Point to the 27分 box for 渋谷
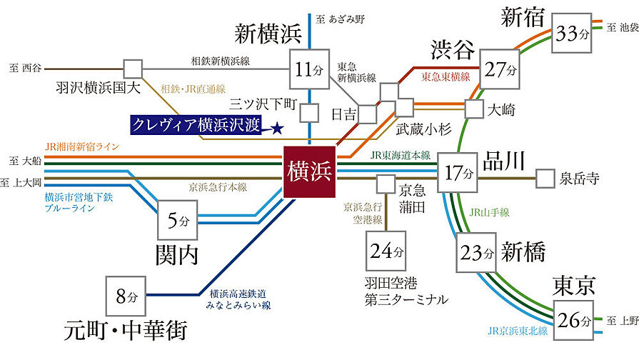click(x=500, y=70)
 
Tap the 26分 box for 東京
click(x=573, y=319)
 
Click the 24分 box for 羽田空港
click(x=387, y=251)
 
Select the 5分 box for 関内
click(x=177, y=221)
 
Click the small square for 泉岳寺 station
click(x=545, y=178)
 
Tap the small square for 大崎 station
click(x=475, y=109)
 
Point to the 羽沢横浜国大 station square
click(x=131, y=69)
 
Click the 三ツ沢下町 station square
click(x=308, y=112)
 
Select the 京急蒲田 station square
click(x=386, y=184)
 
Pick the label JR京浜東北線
click(x=518, y=331)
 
